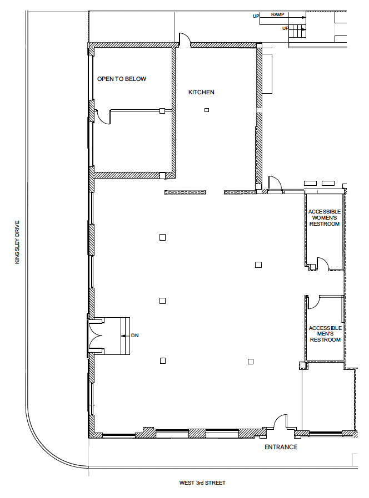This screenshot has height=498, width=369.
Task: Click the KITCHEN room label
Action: (201, 92)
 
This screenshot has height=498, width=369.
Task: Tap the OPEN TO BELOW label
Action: (122, 79)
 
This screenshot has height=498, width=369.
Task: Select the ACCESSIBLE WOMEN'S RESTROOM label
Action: (325, 217)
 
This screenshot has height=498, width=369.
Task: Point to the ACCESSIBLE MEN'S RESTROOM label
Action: (325, 334)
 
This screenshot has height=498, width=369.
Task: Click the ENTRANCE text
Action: (281, 447)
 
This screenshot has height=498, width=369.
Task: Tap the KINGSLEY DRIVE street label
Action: (17, 242)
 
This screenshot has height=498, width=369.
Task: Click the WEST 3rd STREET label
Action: (202, 483)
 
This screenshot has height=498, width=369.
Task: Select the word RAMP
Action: (278, 13)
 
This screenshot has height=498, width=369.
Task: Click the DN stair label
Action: (134, 336)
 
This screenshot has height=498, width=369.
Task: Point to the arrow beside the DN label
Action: (125, 336)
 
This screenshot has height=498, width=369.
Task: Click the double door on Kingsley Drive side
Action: (96, 336)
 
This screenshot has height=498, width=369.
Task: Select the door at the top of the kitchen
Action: (184, 40)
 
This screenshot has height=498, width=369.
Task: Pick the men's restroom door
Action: (312, 301)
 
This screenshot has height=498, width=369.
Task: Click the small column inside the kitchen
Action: (206, 110)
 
